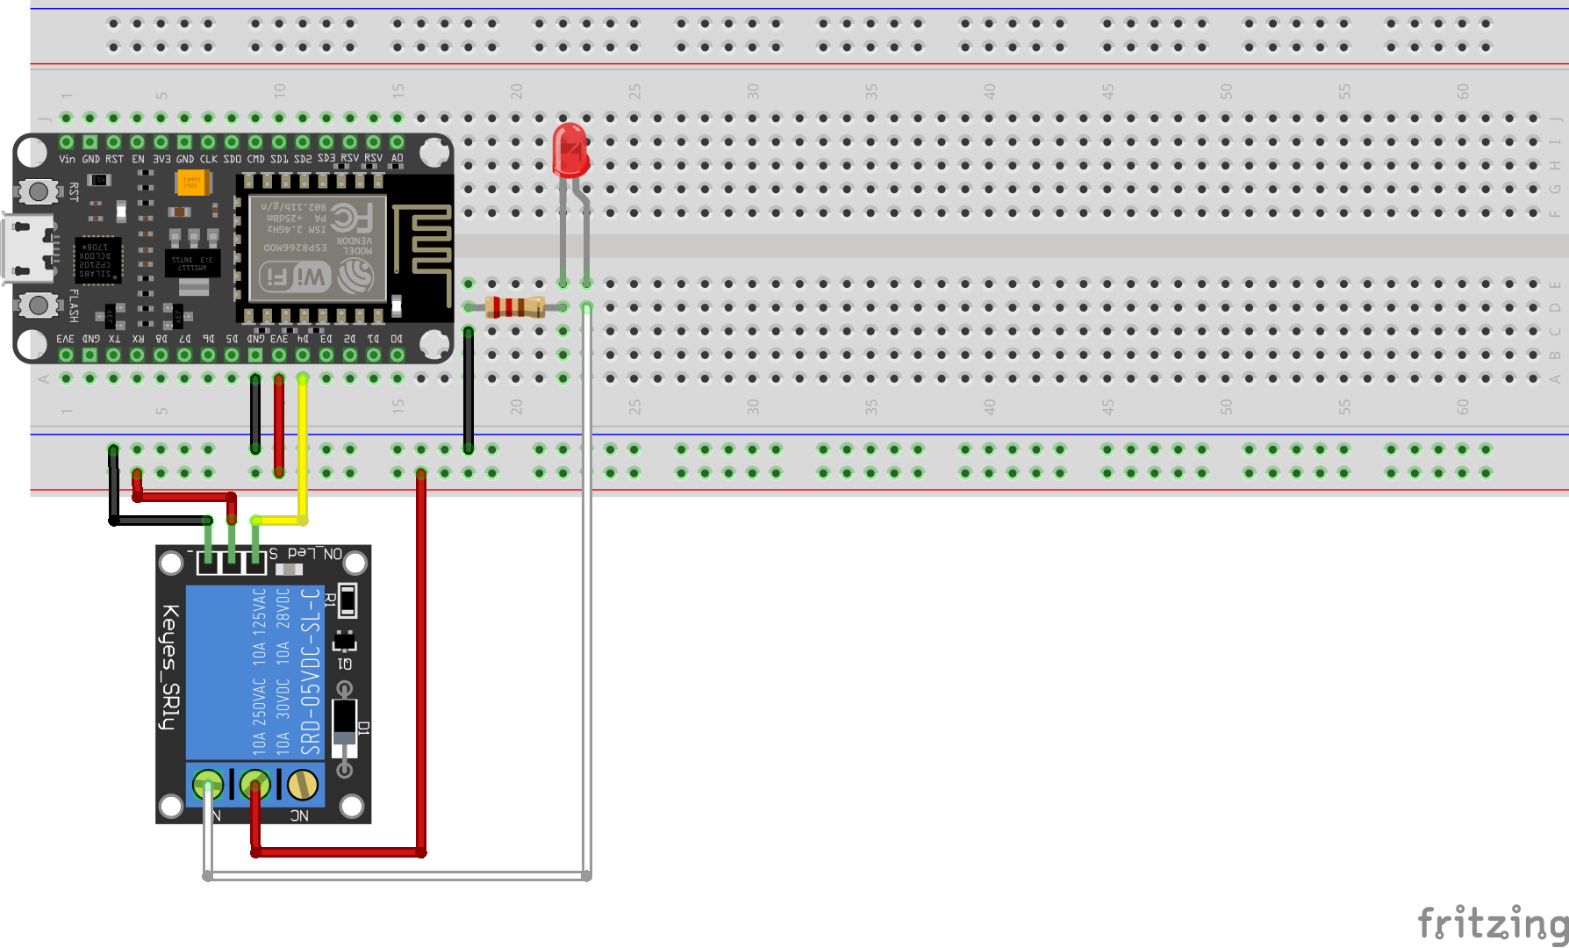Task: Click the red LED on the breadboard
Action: click(x=570, y=151)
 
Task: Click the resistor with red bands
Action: click(x=515, y=306)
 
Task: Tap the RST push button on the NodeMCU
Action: click(x=38, y=190)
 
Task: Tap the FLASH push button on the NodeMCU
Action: click(x=38, y=305)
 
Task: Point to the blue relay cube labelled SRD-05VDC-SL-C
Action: click(x=254, y=671)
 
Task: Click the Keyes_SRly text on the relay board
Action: click(x=171, y=667)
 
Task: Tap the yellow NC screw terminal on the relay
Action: click(x=303, y=784)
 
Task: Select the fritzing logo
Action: click(x=1492, y=923)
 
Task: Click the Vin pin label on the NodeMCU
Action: click(x=67, y=159)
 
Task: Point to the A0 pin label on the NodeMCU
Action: click(x=397, y=159)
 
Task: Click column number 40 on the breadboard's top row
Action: click(x=989, y=91)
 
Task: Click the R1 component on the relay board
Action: click(x=347, y=601)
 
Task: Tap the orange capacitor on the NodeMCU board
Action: click(x=190, y=183)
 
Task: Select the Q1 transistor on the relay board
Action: click(x=344, y=643)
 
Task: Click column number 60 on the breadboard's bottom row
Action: click(x=1462, y=406)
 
